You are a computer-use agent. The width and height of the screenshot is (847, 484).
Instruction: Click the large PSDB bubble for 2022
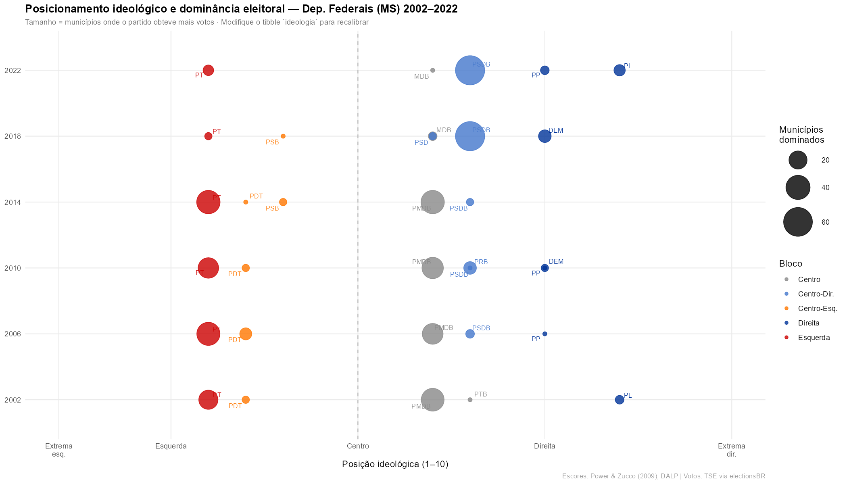pyautogui.click(x=470, y=70)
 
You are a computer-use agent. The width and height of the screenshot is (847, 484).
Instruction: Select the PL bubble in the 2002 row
pyautogui.click(x=619, y=400)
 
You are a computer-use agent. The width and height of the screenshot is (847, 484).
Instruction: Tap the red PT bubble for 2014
pyautogui.click(x=208, y=202)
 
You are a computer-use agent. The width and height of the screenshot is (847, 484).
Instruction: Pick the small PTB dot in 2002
pyautogui.click(x=470, y=400)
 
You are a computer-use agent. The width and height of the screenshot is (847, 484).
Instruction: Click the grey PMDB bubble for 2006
pyautogui.click(x=432, y=334)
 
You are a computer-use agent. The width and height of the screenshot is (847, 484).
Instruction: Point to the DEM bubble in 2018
pyautogui.click(x=544, y=136)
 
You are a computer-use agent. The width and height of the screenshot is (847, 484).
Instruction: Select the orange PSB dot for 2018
pyautogui.click(x=283, y=136)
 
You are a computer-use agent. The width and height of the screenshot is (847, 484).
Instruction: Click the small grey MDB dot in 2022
pyautogui.click(x=433, y=70)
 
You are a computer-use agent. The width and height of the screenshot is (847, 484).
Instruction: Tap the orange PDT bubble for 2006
pyautogui.click(x=246, y=334)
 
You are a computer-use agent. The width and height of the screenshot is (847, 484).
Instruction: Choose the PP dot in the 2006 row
pyautogui.click(x=544, y=334)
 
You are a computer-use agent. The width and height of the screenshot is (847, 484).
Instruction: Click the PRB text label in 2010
pyautogui.click(x=481, y=262)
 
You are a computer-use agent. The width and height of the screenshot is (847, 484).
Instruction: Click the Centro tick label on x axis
pyautogui.click(x=358, y=446)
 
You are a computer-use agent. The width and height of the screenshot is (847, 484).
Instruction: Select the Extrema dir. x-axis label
pyautogui.click(x=731, y=450)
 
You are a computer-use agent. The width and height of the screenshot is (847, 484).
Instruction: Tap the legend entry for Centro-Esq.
pyautogui.click(x=817, y=309)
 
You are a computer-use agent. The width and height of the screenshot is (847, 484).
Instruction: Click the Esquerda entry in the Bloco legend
pyautogui.click(x=814, y=338)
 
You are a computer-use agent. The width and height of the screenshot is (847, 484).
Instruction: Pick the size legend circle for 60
pyautogui.click(x=797, y=222)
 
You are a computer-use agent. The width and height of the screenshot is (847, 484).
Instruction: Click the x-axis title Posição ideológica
pyautogui.click(x=395, y=464)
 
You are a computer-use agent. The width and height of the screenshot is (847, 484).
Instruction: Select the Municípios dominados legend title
pyautogui.click(x=801, y=135)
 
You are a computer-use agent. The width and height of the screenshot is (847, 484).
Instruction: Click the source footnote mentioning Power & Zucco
pyautogui.click(x=663, y=476)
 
